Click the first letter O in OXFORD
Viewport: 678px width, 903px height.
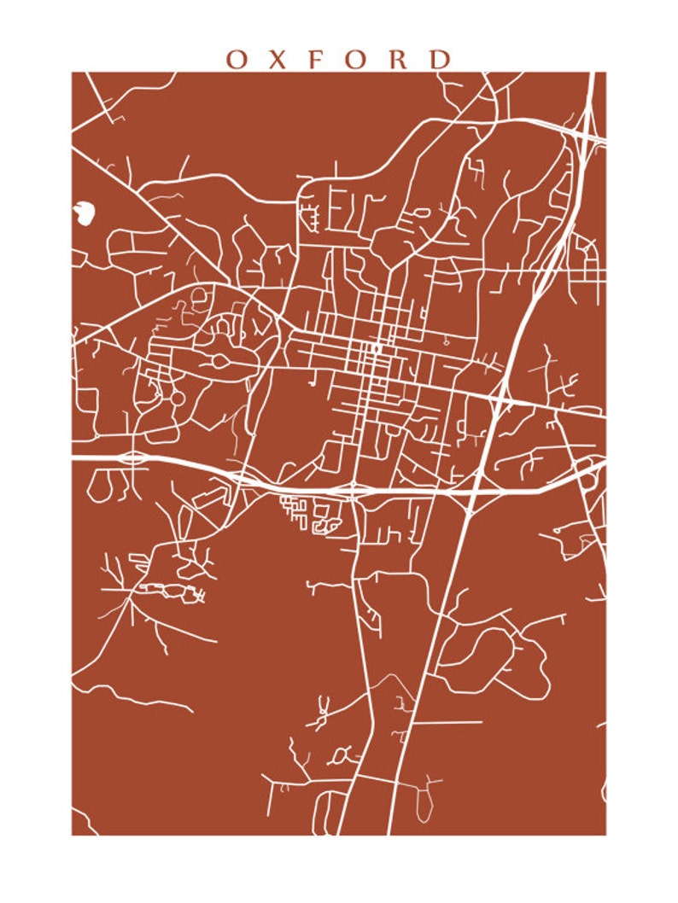click(x=237, y=59)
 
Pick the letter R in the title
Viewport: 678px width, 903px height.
click(x=399, y=59)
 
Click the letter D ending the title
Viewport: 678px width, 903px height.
click(x=440, y=59)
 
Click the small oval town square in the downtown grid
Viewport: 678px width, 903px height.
click(x=376, y=348)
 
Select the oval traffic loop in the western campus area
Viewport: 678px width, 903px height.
click(x=221, y=362)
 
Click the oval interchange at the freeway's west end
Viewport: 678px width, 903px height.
click(x=132, y=457)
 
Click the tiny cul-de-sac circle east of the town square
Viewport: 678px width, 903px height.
click(x=445, y=340)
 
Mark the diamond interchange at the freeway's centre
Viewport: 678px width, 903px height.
click(x=352, y=490)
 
